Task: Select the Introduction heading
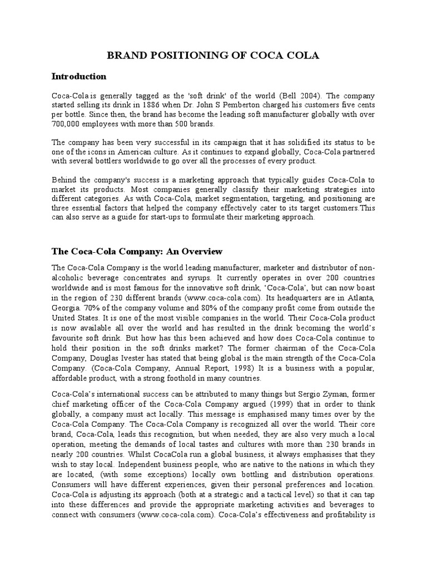click(x=78, y=76)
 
